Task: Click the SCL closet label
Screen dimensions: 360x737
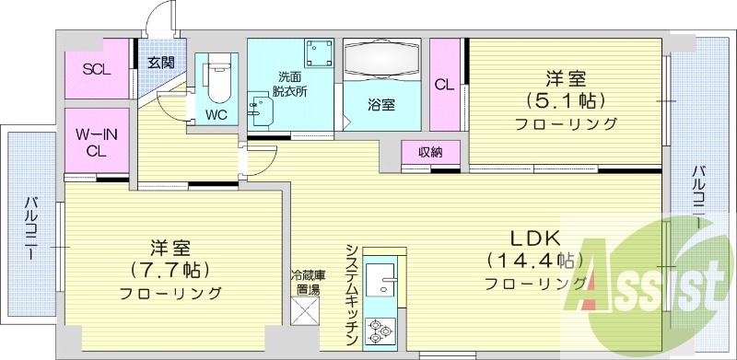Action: pos(96,69)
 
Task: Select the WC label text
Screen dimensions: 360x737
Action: pos(216,115)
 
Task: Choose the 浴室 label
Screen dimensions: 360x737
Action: pos(381,104)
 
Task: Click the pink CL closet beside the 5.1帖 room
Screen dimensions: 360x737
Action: pos(445,85)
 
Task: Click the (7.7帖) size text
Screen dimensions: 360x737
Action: pos(170,271)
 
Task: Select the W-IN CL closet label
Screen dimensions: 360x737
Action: pos(95,143)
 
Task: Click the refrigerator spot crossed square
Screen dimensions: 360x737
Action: pos(305,310)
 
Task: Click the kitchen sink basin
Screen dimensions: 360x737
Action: pos(380,277)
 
